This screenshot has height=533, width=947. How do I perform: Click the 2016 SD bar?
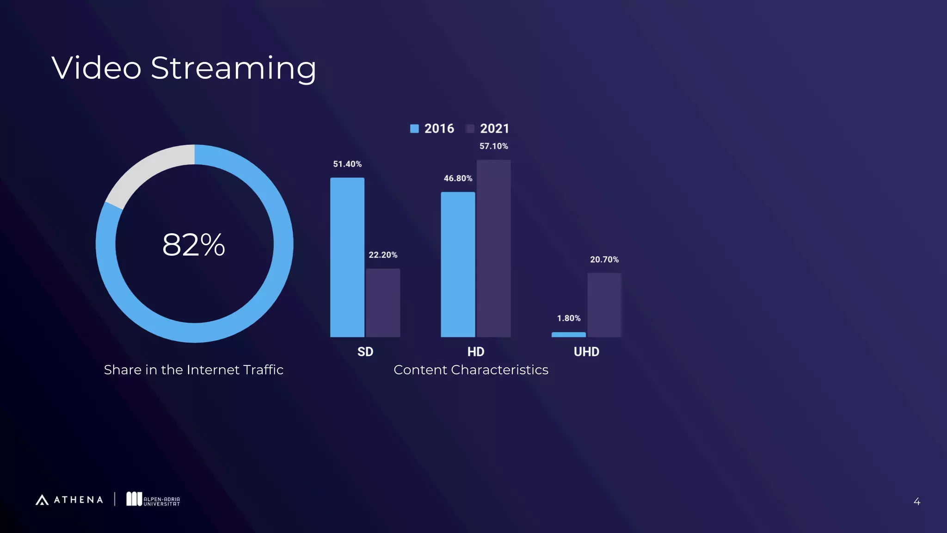(x=347, y=257)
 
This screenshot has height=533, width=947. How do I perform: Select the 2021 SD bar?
(x=383, y=303)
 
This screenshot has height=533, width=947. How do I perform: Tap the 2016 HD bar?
(x=458, y=264)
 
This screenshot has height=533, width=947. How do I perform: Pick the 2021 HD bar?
(x=493, y=248)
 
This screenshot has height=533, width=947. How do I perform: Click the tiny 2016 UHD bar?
(x=568, y=335)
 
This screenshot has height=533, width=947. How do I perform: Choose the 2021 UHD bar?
(x=604, y=305)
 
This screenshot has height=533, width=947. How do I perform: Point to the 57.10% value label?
(x=493, y=146)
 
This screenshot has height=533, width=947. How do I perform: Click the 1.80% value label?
(x=568, y=318)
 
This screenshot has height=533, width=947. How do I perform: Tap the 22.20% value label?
(x=383, y=255)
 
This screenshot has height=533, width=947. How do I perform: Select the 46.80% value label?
(x=458, y=178)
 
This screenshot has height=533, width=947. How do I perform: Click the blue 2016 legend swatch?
(x=414, y=129)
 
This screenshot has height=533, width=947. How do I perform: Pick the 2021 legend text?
(x=494, y=129)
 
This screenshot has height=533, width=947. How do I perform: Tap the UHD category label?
(x=586, y=352)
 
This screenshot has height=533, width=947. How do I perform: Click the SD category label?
(x=365, y=352)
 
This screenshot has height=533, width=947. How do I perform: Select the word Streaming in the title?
(x=234, y=68)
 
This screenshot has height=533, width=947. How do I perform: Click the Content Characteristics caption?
(x=471, y=370)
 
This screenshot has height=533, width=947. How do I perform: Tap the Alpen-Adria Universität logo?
(x=153, y=499)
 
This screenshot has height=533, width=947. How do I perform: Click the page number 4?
(x=916, y=502)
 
